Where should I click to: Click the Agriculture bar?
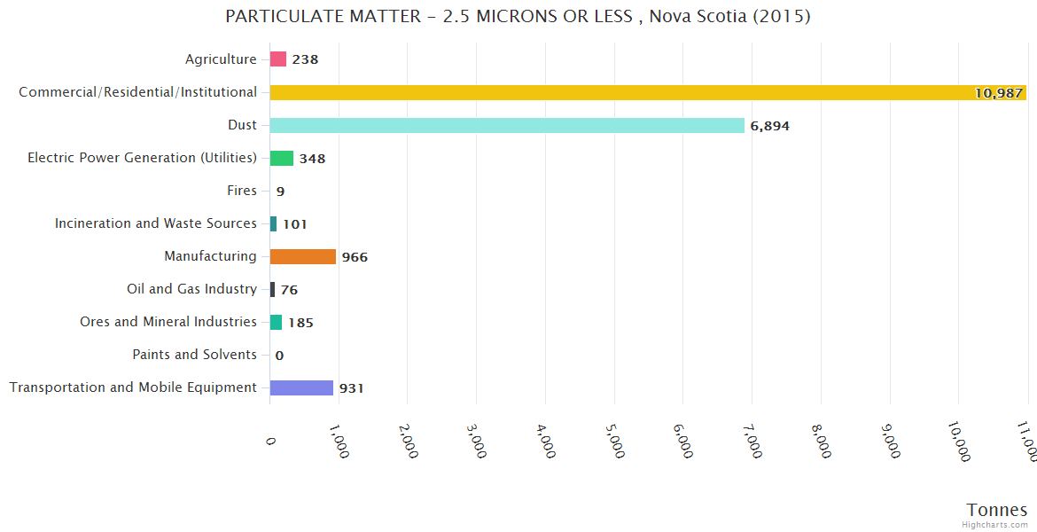(x=278, y=59)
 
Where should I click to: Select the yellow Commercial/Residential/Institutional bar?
(x=647, y=92)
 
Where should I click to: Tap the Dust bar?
(x=507, y=125)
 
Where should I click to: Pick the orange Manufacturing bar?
(x=303, y=256)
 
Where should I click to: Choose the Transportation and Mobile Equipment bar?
(x=301, y=387)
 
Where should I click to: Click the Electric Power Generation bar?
(x=282, y=158)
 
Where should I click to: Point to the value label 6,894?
(x=769, y=126)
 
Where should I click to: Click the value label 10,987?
(x=998, y=93)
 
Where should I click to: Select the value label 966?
(x=355, y=257)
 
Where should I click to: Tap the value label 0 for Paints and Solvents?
(x=279, y=356)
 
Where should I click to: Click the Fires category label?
(x=242, y=191)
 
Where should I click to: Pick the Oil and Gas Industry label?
(x=191, y=289)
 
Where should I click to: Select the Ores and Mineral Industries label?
(x=168, y=322)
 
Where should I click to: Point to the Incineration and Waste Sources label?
(x=156, y=223)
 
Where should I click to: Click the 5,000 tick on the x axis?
(x=614, y=439)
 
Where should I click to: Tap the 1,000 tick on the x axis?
(x=339, y=439)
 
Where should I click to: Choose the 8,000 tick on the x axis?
(x=821, y=439)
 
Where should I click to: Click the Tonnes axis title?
(x=997, y=510)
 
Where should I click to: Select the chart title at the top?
(x=518, y=17)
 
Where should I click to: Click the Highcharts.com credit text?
(x=995, y=525)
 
